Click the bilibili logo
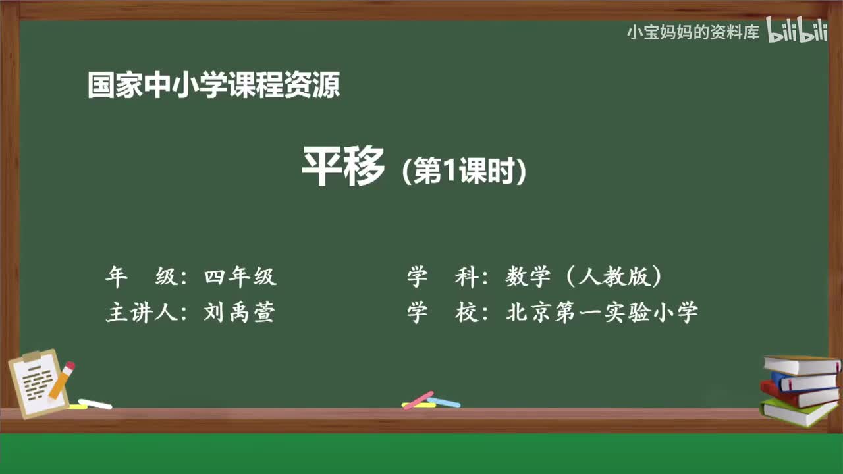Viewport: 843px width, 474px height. [x=798, y=32]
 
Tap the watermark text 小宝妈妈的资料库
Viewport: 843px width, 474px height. [x=693, y=32]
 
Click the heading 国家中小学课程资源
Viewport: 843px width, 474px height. [x=214, y=86]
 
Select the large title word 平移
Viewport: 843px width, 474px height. [x=343, y=167]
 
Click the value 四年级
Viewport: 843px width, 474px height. [x=240, y=277]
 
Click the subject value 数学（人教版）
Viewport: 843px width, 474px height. [x=584, y=277]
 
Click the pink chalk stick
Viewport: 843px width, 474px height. [x=418, y=400]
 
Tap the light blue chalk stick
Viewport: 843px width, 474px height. [x=443, y=402]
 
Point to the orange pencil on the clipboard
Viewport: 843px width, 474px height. [x=62, y=381]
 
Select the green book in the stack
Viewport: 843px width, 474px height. [x=798, y=411]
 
